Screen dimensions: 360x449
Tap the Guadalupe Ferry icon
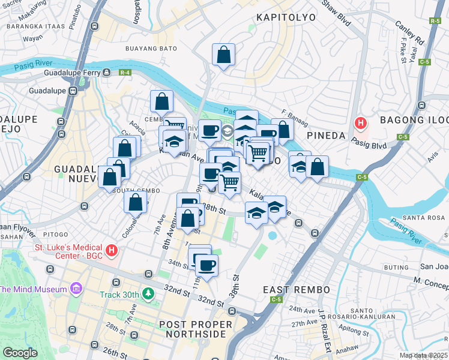(106, 73)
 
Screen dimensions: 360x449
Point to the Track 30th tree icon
(146, 294)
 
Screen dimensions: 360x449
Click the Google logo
(20, 353)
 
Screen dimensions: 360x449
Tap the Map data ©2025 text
(424, 355)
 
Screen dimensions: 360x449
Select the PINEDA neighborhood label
(327, 136)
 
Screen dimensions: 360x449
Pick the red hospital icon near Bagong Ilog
(360, 124)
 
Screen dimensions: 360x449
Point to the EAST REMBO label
(297, 290)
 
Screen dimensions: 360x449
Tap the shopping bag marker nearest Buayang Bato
(223, 55)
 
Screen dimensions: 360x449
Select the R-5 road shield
(435, 21)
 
